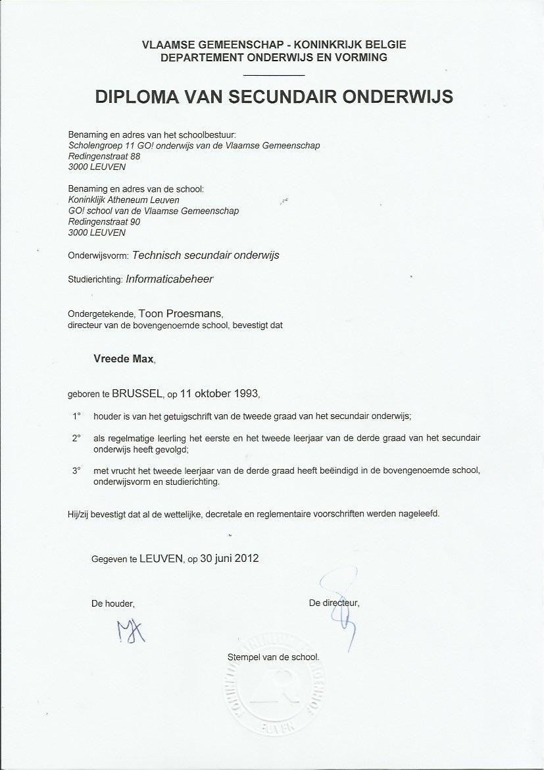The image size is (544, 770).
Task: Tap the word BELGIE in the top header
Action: [x=383, y=45]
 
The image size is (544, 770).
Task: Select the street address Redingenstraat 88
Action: [x=104, y=156]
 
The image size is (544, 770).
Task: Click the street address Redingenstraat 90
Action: [x=104, y=222]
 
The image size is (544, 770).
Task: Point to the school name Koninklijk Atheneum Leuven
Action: [x=124, y=200]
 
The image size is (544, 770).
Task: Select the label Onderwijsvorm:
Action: [x=99, y=256]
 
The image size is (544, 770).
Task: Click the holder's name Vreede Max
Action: [x=124, y=359]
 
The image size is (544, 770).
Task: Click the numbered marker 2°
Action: [x=76, y=438]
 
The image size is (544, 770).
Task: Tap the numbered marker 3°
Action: [x=76, y=471]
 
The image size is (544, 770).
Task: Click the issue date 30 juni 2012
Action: [x=229, y=559]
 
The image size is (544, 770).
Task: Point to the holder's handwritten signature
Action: [x=132, y=631]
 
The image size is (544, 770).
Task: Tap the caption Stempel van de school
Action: [x=272, y=657]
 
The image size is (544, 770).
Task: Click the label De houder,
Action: [x=113, y=603]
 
